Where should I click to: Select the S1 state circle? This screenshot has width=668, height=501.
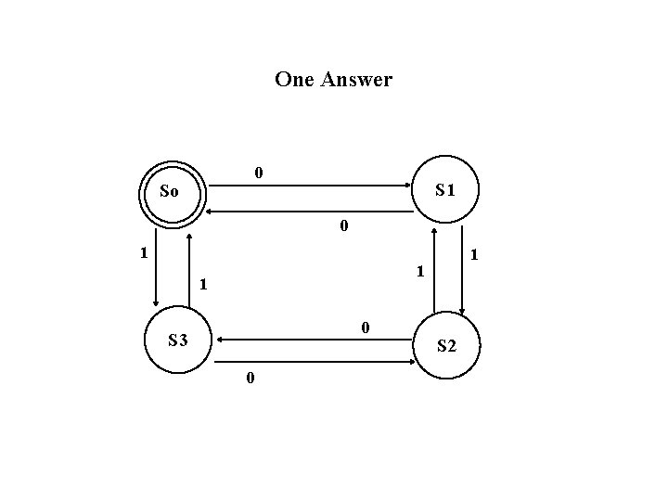(445, 190)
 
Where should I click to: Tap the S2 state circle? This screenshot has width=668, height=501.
(446, 346)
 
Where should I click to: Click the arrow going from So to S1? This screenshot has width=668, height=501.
(310, 186)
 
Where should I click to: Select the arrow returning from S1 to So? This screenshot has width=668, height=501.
(310, 212)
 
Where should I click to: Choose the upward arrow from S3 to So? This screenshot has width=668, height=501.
(189, 269)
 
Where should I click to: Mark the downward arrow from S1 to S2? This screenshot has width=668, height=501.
(462, 269)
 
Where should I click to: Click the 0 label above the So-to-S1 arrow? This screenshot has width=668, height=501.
(259, 173)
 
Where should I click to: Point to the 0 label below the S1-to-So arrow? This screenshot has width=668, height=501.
(343, 225)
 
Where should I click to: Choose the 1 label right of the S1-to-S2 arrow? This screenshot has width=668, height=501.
(475, 253)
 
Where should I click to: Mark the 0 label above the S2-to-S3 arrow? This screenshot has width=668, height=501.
(366, 327)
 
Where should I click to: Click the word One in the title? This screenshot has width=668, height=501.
(294, 80)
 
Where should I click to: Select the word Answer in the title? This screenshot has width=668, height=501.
(356, 80)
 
